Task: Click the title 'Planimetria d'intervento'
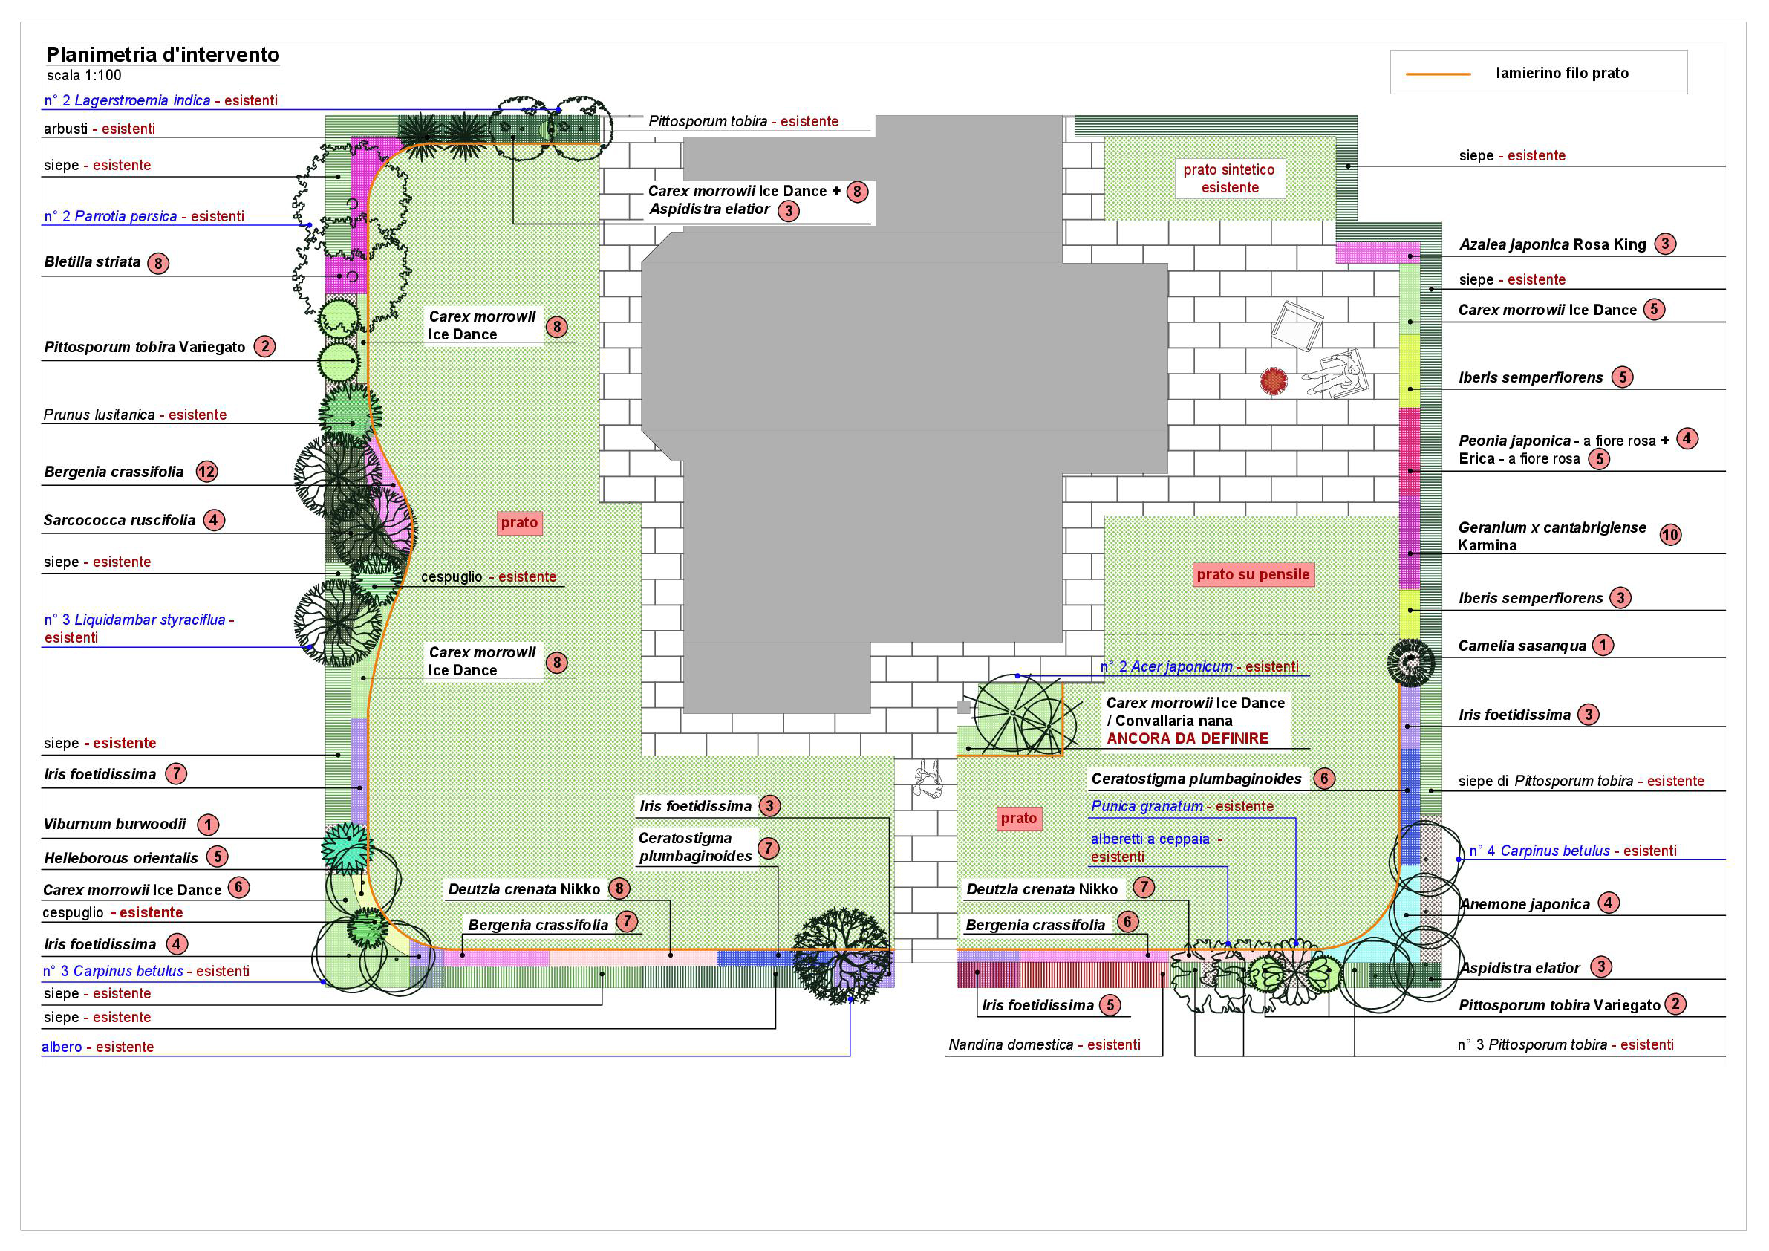pyautogui.click(x=163, y=55)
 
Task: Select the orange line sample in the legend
pyautogui.click(x=1438, y=74)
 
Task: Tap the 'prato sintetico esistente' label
pyautogui.click(x=1229, y=178)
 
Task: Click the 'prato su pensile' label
pyautogui.click(x=1253, y=574)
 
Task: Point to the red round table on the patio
pyautogui.click(x=1273, y=381)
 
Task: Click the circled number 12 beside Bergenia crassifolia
pyautogui.click(x=206, y=472)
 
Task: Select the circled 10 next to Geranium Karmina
pyautogui.click(x=1670, y=535)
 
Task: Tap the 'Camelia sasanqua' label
pyautogui.click(x=1522, y=646)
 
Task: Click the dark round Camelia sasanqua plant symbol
pyautogui.click(x=1410, y=663)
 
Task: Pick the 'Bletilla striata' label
pyautogui.click(x=92, y=262)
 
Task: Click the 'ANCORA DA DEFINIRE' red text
pyautogui.click(x=1188, y=738)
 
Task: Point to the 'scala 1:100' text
pyautogui.click(x=84, y=76)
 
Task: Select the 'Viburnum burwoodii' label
pyautogui.click(x=115, y=824)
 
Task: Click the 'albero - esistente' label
pyautogui.click(x=98, y=1047)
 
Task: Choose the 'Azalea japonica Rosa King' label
pyautogui.click(x=1552, y=245)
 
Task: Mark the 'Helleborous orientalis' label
pyautogui.click(x=121, y=858)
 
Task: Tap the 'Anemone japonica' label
pyautogui.click(x=1525, y=904)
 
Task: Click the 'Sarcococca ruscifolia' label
pyautogui.click(x=120, y=520)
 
